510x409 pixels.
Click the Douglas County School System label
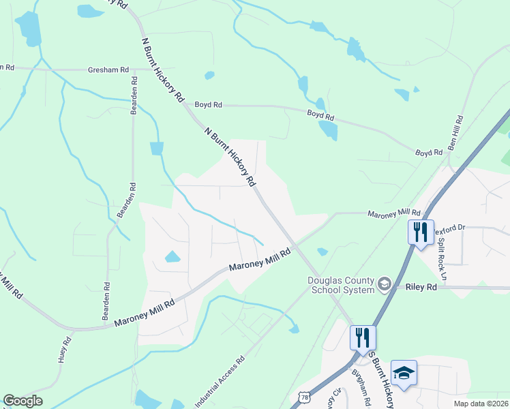[x=341, y=285]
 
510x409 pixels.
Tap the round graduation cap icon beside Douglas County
[x=385, y=283]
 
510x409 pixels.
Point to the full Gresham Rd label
[x=108, y=70]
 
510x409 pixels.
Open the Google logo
[x=22, y=401]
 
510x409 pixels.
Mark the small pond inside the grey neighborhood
[x=172, y=257]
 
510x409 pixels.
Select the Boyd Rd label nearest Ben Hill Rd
[x=430, y=153]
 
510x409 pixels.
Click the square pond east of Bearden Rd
[x=157, y=147]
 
